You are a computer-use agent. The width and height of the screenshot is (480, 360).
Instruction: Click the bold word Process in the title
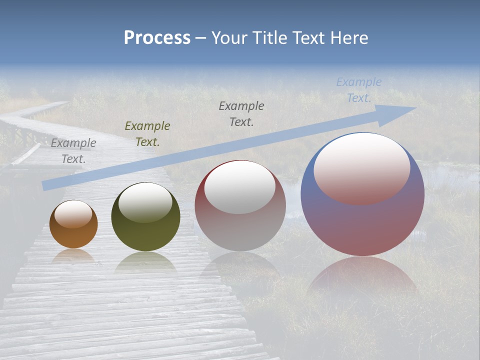tap(157, 38)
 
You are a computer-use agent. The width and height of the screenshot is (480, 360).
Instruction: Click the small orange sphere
tap(73, 235)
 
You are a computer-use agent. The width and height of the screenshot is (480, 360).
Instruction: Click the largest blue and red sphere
tap(362, 225)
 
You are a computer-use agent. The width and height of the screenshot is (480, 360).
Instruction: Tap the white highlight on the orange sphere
tap(73, 214)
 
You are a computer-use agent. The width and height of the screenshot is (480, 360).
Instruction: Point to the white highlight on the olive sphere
tap(145, 202)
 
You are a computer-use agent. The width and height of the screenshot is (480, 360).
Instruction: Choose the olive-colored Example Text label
tap(147, 134)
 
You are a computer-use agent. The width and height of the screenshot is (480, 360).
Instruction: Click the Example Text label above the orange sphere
tap(73, 151)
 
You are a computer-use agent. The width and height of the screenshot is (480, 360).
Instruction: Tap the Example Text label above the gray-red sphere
tap(241, 114)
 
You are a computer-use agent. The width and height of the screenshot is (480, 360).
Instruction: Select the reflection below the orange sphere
tap(73, 255)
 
